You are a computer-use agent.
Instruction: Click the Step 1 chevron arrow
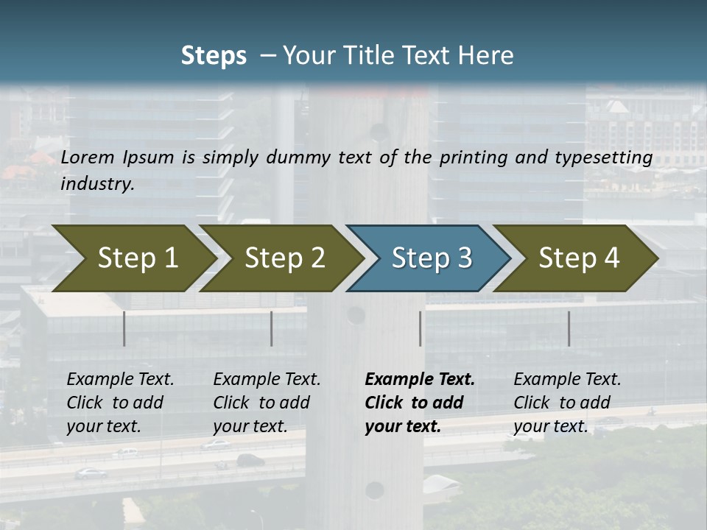point(133,258)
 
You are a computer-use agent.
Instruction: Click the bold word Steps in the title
point(214,56)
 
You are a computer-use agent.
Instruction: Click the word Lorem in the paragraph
point(88,157)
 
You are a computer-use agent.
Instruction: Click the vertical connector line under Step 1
point(124,328)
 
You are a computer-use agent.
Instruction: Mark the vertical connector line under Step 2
point(272,328)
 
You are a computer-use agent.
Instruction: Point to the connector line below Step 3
point(421,328)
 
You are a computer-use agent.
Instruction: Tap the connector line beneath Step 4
point(569,328)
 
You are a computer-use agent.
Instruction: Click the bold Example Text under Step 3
point(420,379)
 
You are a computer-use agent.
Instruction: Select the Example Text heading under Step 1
point(120,379)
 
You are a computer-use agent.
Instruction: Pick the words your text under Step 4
point(550,426)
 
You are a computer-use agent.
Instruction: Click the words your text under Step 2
point(250,426)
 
